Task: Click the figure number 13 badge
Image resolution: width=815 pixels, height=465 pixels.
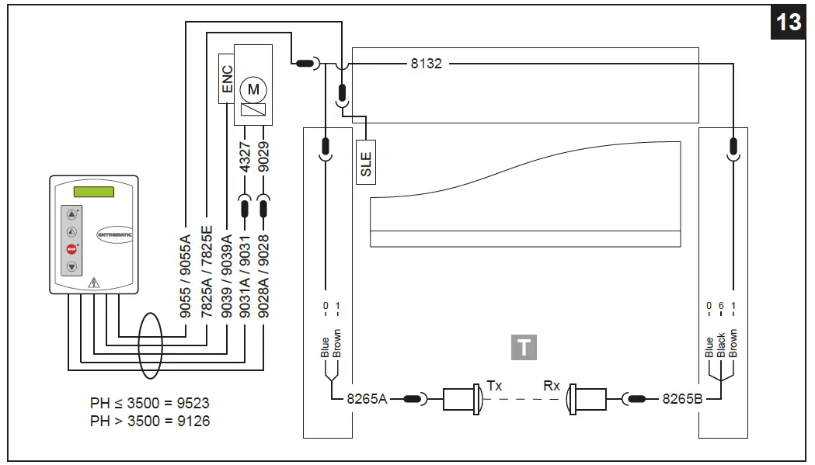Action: [x=789, y=22]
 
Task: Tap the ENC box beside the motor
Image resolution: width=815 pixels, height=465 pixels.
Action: [x=227, y=78]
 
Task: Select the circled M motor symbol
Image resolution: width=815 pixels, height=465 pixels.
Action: [x=253, y=89]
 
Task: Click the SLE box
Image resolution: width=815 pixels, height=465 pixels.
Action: [x=366, y=161]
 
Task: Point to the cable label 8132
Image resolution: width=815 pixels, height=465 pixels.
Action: [x=426, y=64]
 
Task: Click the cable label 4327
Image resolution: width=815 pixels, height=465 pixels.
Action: [x=245, y=157]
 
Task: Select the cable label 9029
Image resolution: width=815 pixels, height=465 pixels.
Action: [x=264, y=157]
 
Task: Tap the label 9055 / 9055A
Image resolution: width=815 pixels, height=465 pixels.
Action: [x=186, y=268]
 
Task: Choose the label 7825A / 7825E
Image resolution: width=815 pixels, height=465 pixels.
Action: [x=207, y=268]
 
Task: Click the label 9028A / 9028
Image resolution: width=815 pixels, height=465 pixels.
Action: [x=264, y=268]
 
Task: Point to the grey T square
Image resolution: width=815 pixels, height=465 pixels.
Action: [x=524, y=347]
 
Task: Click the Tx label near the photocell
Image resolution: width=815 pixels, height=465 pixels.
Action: [x=494, y=385]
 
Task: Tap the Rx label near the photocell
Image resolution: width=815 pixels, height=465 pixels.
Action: [x=552, y=385]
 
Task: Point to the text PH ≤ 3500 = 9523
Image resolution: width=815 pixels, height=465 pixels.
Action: [x=150, y=404]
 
